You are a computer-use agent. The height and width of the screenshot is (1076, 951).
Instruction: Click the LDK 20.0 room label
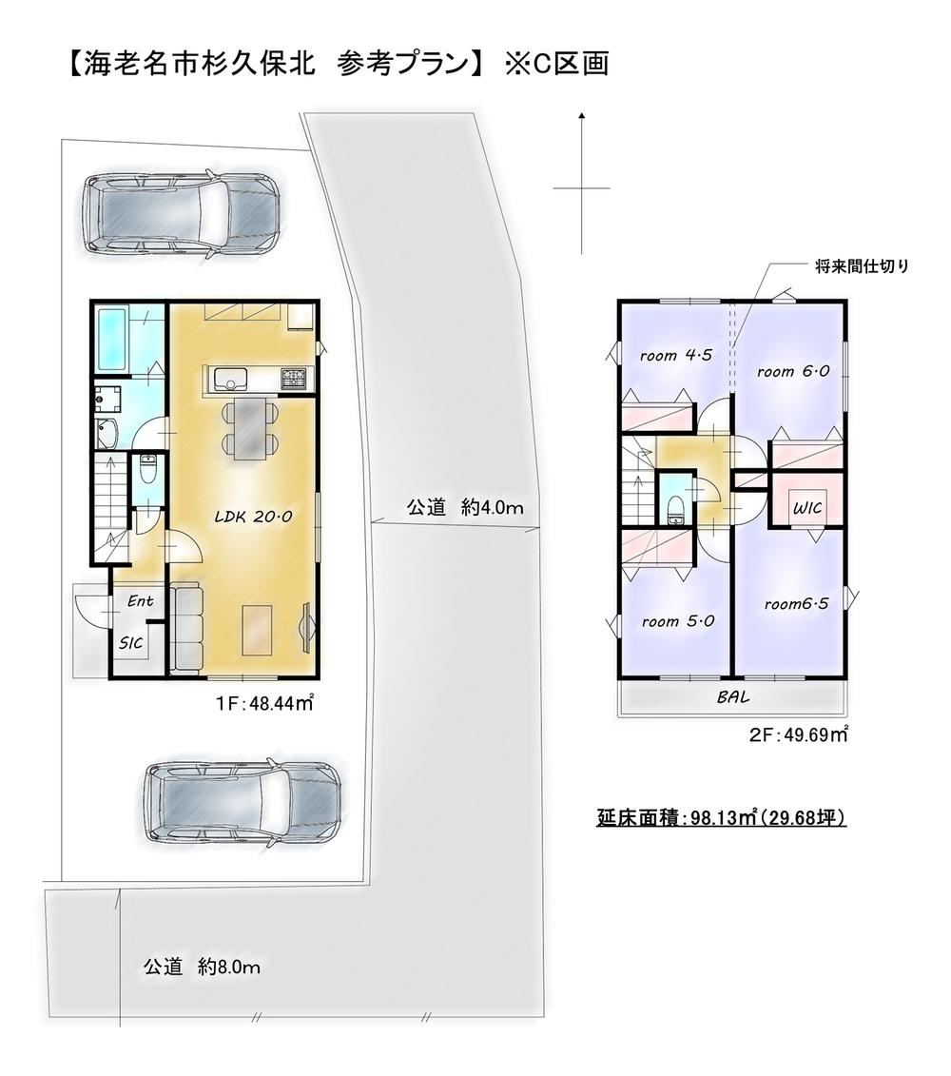coord(254,517)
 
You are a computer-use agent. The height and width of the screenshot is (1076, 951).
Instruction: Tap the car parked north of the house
coord(181,215)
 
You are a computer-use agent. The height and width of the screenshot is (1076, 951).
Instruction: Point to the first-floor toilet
coord(147,471)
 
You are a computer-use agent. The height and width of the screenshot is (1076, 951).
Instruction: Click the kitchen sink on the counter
coord(230,380)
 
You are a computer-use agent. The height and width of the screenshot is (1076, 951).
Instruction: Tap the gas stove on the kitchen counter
coord(297,379)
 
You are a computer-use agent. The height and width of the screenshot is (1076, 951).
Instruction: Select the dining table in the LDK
coord(248,430)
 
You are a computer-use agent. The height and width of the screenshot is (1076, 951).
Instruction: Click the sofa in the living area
coord(186,626)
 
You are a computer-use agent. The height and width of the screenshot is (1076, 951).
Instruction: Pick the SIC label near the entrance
coord(131,643)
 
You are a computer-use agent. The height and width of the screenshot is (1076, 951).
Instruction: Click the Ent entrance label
coord(140,601)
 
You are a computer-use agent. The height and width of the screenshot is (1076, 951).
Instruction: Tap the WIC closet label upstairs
coord(806,508)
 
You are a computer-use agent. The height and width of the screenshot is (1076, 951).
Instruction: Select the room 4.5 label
coord(676,356)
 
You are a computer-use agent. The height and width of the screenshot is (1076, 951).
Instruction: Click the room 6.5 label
coord(796,604)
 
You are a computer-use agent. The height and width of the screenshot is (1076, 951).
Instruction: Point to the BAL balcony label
coord(733,697)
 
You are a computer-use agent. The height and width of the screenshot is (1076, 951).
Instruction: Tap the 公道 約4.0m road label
coord(465,508)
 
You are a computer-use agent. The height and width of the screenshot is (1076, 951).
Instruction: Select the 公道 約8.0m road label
coord(202,967)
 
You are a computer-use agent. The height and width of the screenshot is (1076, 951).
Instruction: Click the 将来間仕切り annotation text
coord(862,266)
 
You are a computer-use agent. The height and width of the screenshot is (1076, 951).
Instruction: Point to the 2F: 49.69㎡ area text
coord(798,735)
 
